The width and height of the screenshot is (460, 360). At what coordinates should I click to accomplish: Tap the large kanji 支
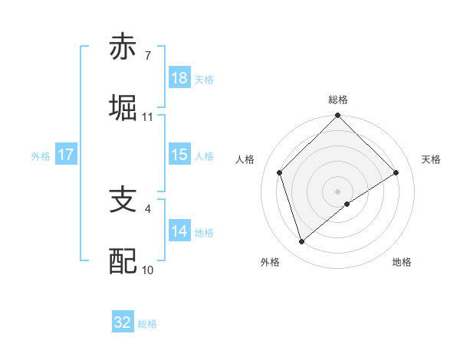123,200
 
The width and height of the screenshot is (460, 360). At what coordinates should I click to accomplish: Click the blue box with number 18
179,78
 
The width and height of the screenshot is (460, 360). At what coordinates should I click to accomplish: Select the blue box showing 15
179,155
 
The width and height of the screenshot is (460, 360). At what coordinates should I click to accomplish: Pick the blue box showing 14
179,231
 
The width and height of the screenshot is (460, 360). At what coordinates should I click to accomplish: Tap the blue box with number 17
66,155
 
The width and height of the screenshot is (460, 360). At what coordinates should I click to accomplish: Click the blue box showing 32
123,322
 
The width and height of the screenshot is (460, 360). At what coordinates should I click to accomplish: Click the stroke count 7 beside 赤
147,56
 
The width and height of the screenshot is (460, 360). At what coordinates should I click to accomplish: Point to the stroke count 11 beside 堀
148,117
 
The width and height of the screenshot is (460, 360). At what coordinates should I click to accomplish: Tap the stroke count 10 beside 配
148,270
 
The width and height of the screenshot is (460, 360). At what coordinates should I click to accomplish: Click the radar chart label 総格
338,100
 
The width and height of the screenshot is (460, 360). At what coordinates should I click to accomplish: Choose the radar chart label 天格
431,159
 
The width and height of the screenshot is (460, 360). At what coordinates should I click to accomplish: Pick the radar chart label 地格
402,262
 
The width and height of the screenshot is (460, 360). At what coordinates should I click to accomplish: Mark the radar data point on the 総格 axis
338,116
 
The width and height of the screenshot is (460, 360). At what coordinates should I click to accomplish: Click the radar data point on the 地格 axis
347,204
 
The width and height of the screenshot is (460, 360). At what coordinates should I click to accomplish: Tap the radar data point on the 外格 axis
301,242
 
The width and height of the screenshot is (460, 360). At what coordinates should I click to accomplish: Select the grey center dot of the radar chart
338,191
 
